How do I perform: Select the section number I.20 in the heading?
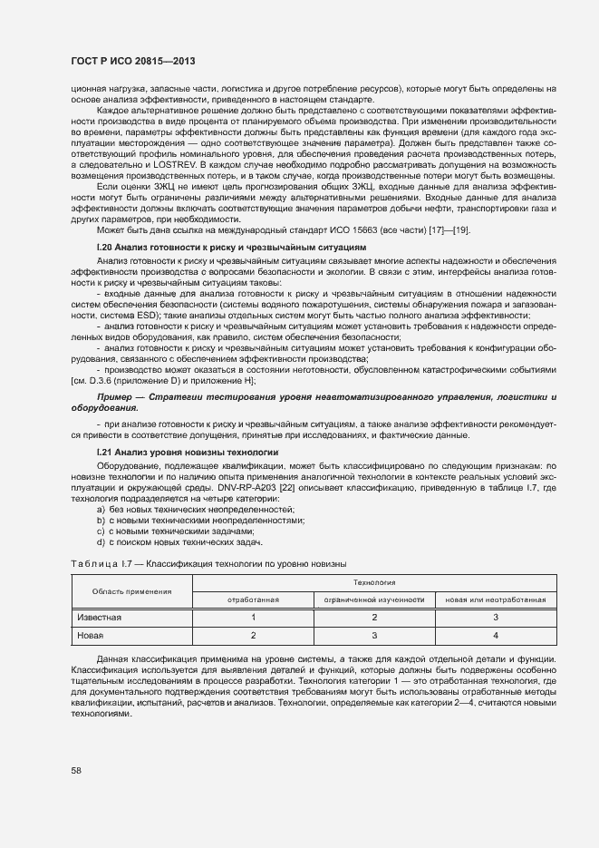coord(104,247)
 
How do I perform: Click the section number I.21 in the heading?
coord(104,452)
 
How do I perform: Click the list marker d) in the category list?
coord(101,542)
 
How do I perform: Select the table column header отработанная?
coord(253,599)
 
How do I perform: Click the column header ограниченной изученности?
coord(373,599)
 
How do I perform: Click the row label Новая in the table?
coord(91,635)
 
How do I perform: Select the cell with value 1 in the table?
coord(253,618)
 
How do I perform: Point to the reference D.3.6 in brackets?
coord(105,382)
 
